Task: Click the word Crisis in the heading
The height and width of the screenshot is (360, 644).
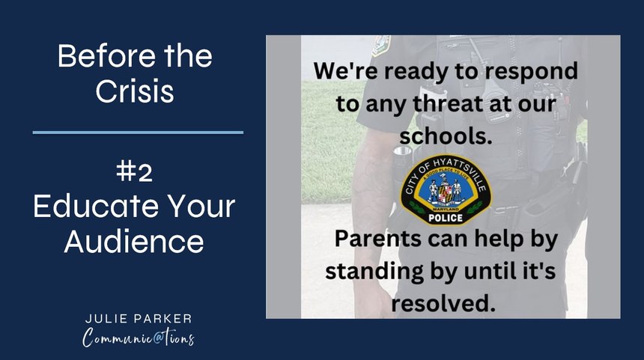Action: [x=135, y=91]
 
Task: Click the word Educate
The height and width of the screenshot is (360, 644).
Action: [x=96, y=206]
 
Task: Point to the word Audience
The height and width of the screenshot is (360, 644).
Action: [x=134, y=240]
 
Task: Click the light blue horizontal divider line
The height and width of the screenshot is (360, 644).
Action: [x=138, y=132]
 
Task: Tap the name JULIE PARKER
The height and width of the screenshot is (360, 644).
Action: [x=139, y=319]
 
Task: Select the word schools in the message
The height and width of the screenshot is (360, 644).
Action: [x=446, y=136]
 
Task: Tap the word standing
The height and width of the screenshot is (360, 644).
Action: [x=374, y=272]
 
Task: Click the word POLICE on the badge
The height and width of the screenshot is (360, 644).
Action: [x=446, y=219]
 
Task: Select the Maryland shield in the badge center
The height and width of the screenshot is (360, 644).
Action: [x=445, y=192]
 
